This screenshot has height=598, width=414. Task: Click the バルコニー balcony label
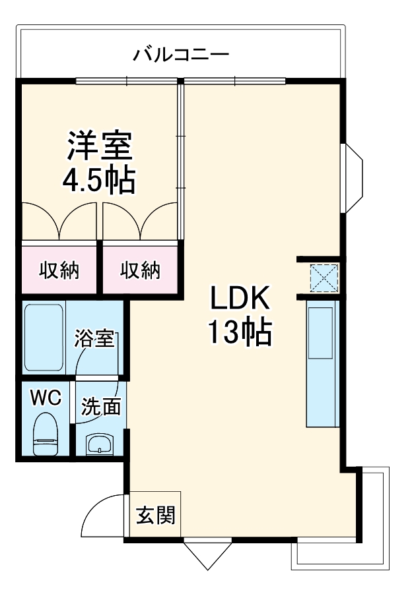181,53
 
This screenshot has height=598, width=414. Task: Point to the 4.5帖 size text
99,179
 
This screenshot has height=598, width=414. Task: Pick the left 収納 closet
59,270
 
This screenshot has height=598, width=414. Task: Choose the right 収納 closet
140,270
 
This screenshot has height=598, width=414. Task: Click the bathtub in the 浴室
44,337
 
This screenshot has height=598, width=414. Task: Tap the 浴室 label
95,340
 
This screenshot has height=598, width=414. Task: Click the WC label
46,398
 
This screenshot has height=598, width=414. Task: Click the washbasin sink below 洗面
100,444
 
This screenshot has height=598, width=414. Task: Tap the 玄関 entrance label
156,515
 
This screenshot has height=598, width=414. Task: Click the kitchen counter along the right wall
323,366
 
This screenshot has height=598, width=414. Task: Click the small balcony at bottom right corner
376,521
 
